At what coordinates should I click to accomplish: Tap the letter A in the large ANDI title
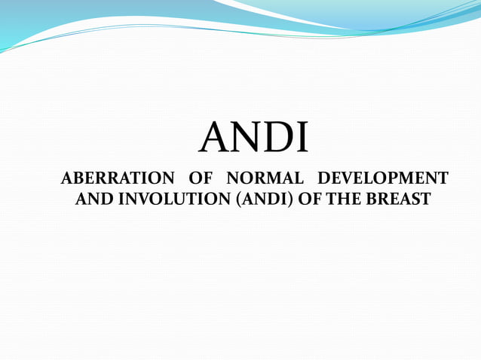214,138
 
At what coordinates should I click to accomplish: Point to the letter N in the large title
244,138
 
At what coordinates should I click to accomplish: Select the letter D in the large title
277,138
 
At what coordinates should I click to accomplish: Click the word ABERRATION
117,179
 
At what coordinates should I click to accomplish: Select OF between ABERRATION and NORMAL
200,179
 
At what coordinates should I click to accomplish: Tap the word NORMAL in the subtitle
265,179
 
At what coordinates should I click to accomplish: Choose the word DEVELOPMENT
383,179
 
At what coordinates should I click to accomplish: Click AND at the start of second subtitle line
90,200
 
